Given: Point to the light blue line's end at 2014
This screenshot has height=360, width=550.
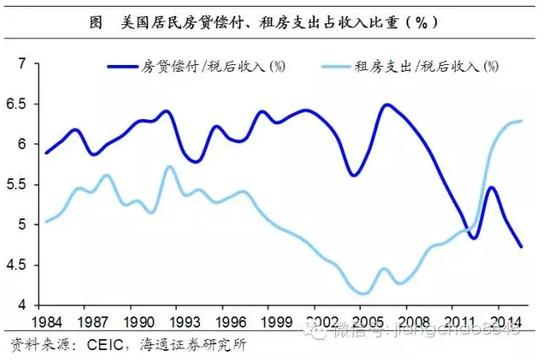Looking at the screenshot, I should tap(521, 121).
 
